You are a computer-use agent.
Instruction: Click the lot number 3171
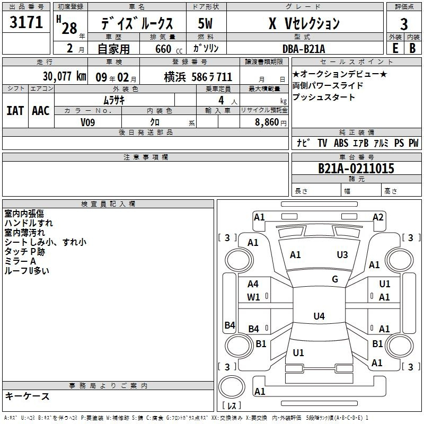coord(26,22)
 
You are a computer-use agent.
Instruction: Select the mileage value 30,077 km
coord(65,76)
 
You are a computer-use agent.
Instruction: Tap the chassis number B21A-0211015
coord(356,168)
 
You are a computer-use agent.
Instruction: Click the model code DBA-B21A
coord(304,49)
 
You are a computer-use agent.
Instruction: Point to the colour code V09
coord(87,122)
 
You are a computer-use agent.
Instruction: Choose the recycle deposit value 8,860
coord(267,122)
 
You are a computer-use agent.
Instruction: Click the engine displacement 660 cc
coord(169,49)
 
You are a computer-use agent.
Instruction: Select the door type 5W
coord(205,23)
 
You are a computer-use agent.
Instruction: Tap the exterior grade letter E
coord(395,48)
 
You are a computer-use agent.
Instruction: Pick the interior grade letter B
coord(412,48)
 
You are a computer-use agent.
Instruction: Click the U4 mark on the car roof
coord(319,316)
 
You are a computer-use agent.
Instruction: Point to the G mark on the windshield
coord(335,279)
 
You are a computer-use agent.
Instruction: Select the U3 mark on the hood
coord(342,255)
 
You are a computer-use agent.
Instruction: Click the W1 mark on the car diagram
coord(253,297)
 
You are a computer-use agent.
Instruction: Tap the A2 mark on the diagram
coord(378,217)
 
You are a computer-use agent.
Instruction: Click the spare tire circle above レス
coord(232,387)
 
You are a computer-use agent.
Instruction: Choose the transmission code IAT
coord(15,111)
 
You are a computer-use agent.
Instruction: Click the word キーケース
coord(27,396)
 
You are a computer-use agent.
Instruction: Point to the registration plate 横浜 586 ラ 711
coord(198,77)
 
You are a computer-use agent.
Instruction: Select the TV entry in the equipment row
coord(322,143)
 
